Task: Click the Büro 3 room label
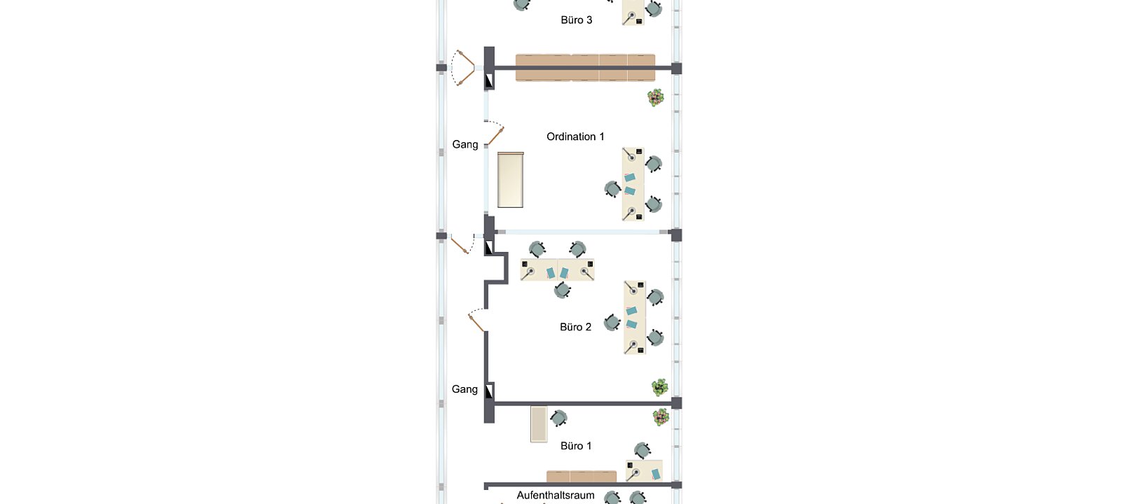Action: (576, 20)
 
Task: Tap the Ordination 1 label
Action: (575, 136)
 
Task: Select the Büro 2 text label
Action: (575, 327)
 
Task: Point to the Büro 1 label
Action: (576, 446)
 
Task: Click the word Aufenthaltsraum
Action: (556, 495)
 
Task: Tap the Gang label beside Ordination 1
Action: (465, 144)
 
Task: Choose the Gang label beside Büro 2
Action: (465, 389)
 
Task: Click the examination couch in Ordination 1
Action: (511, 179)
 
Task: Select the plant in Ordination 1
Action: (656, 97)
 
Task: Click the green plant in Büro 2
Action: (659, 387)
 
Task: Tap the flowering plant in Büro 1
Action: (661, 417)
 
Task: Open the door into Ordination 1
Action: (495, 133)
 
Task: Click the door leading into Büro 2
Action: (477, 321)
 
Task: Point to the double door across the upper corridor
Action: (463, 68)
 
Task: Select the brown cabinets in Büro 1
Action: (582, 477)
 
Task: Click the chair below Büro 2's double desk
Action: (562, 290)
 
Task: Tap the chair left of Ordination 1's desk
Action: (612, 189)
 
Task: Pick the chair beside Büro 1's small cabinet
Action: (558, 418)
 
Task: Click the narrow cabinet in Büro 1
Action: (539, 424)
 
